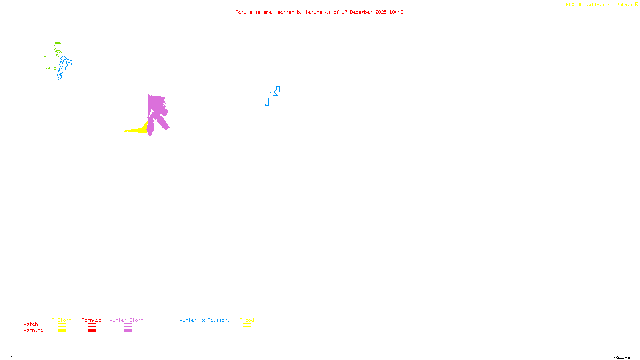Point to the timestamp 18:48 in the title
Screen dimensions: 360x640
pyautogui.click(x=396, y=12)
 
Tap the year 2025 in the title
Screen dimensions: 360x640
pyautogui.click(x=381, y=12)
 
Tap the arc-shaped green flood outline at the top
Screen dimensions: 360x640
pyautogui.click(x=58, y=43)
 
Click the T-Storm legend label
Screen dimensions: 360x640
pyautogui.click(x=62, y=320)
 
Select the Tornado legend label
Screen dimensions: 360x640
pyautogui.click(x=92, y=320)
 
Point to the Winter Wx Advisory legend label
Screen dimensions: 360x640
pyautogui.click(x=205, y=320)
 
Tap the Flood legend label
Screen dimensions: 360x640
pyautogui.click(x=247, y=320)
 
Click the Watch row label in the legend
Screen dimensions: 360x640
pyautogui.click(x=31, y=324)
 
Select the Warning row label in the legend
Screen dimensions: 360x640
pyautogui.click(x=33, y=330)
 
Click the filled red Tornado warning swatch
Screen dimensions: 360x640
pyautogui.click(x=92, y=331)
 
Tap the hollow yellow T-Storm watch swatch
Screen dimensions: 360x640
pyautogui.click(x=62, y=325)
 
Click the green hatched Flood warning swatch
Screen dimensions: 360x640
pyautogui.click(x=247, y=331)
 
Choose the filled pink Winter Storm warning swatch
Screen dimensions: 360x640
pyautogui.click(x=128, y=331)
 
